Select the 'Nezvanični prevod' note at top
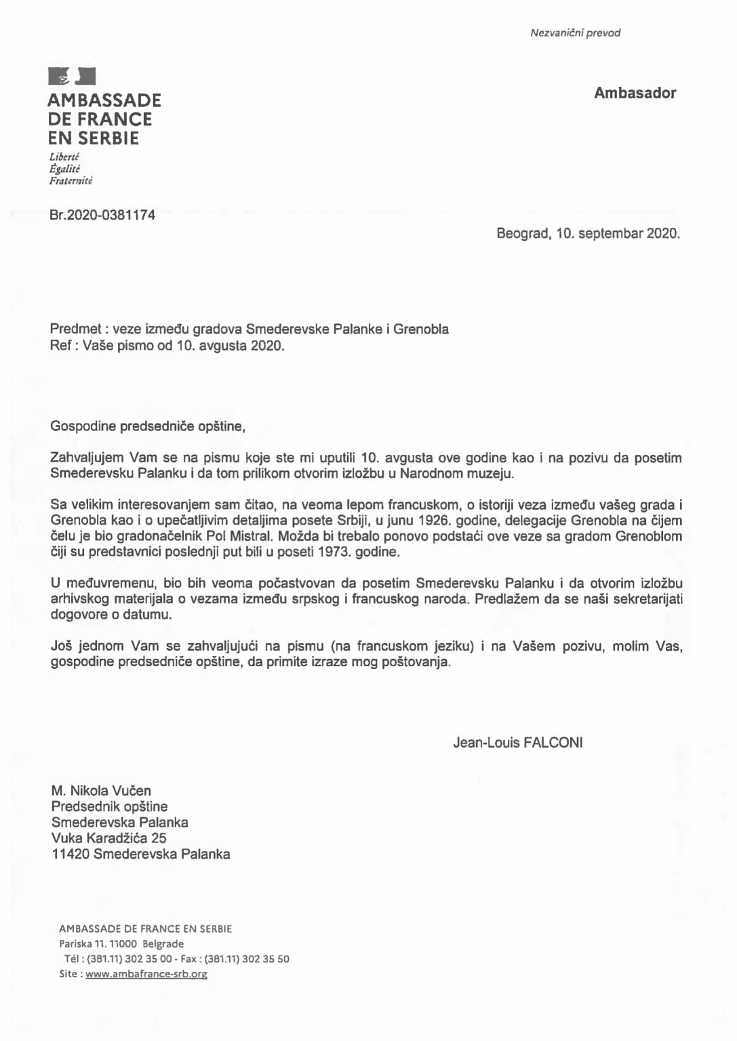[x=575, y=33]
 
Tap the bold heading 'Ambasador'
[x=635, y=94]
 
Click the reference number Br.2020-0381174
[x=102, y=216]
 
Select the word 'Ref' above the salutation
[x=60, y=346]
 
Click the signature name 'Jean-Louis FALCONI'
[x=517, y=742]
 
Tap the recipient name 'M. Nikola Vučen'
[x=101, y=790]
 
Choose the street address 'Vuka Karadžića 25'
[x=108, y=838]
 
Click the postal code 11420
[x=71, y=854]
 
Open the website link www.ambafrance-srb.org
[x=146, y=974]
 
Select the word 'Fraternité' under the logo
[x=71, y=181]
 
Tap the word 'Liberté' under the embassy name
[x=65, y=157]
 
